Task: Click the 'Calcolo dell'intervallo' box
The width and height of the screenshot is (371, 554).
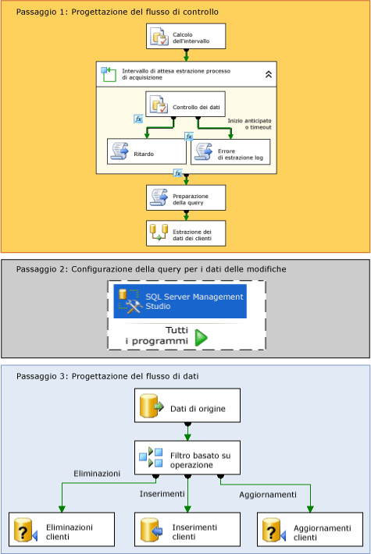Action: (x=186, y=36)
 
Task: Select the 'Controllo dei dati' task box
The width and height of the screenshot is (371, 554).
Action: (x=186, y=105)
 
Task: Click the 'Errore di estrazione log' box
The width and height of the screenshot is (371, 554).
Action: (x=231, y=151)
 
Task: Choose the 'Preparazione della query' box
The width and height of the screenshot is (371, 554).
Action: (x=186, y=197)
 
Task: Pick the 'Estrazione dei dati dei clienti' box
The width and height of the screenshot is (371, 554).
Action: (x=186, y=233)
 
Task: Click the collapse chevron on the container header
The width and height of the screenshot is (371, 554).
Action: (x=268, y=74)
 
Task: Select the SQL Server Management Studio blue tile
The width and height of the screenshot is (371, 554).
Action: (x=180, y=301)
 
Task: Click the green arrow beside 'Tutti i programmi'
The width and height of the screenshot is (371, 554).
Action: (x=202, y=337)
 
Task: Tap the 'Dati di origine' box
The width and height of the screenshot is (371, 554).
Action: (x=187, y=406)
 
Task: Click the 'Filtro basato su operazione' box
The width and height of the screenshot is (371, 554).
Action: (x=187, y=456)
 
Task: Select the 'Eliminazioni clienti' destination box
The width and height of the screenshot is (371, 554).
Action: (x=62, y=531)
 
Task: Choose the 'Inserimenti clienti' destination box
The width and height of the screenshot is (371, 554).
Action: (x=187, y=531)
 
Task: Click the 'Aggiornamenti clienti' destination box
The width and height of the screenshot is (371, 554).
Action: (x=310, y=531)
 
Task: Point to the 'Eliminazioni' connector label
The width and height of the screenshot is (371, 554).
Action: (x=97, y=474)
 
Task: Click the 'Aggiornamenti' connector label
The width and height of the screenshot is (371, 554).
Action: (x=267, y=494)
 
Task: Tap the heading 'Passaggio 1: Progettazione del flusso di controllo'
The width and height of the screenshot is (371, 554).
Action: (x=117, y=12)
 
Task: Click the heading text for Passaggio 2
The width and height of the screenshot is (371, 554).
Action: (x=151, y=268)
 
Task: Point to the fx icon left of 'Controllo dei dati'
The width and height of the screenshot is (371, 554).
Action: (x=139, y=119)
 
